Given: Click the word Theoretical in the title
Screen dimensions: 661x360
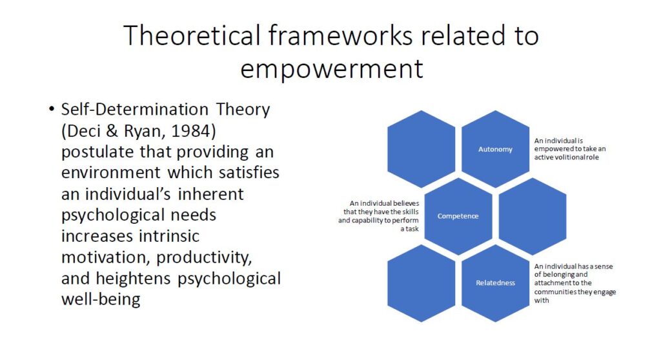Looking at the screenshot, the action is click(192, 35).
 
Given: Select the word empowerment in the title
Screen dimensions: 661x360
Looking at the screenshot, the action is click(332, 69).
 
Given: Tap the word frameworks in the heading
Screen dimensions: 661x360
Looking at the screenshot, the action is click(340, 35).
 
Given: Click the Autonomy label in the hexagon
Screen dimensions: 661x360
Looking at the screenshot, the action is click(495, 149).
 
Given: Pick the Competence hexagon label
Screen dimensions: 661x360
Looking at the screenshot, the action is click(458, 216).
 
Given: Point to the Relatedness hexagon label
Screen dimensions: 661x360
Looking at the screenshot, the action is click(495, 283).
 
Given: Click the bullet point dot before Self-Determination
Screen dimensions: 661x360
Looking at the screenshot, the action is click(52, 109).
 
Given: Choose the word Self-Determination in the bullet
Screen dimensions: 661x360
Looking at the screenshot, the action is click(135, 110).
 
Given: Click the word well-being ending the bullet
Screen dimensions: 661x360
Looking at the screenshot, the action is click(101, 299).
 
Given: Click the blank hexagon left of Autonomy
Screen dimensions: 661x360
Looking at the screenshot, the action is click(421, 149).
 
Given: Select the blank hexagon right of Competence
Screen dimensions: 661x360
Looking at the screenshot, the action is click(533, 216).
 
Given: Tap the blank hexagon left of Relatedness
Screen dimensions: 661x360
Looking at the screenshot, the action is click(421, 283).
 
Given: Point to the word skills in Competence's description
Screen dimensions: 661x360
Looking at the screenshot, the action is click(410, 212).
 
